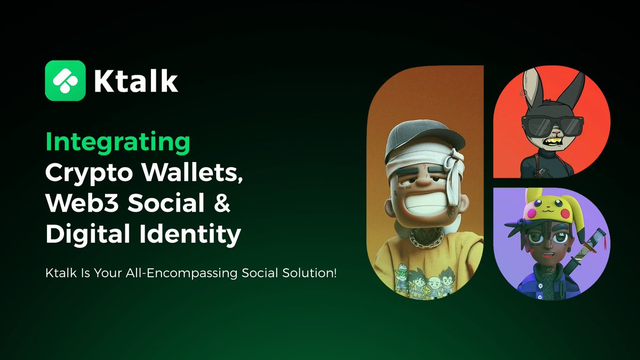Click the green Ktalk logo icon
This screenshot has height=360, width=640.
pos(65,80)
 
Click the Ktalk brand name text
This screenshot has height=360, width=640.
pos(135,81)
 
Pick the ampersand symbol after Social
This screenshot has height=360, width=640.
pos(222,204)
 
